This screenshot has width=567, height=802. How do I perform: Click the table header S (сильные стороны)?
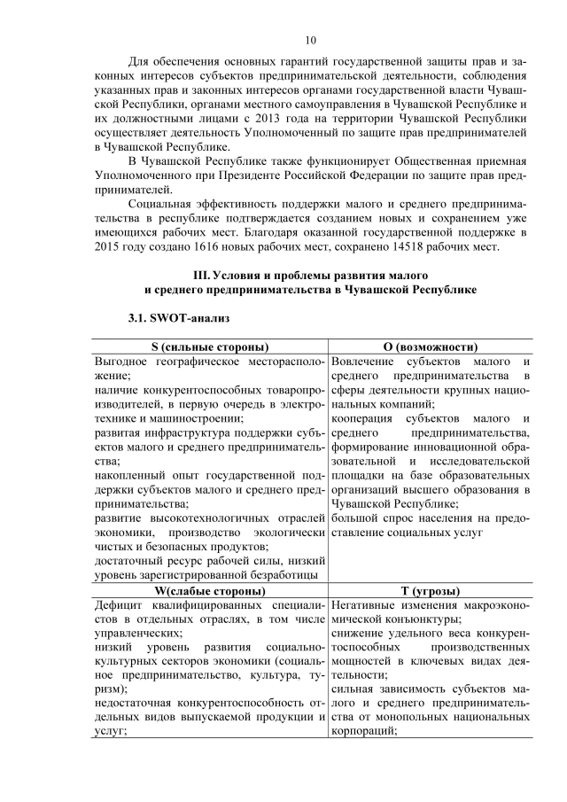(210, 346)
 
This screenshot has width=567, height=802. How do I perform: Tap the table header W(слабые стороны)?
(210, 590)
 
